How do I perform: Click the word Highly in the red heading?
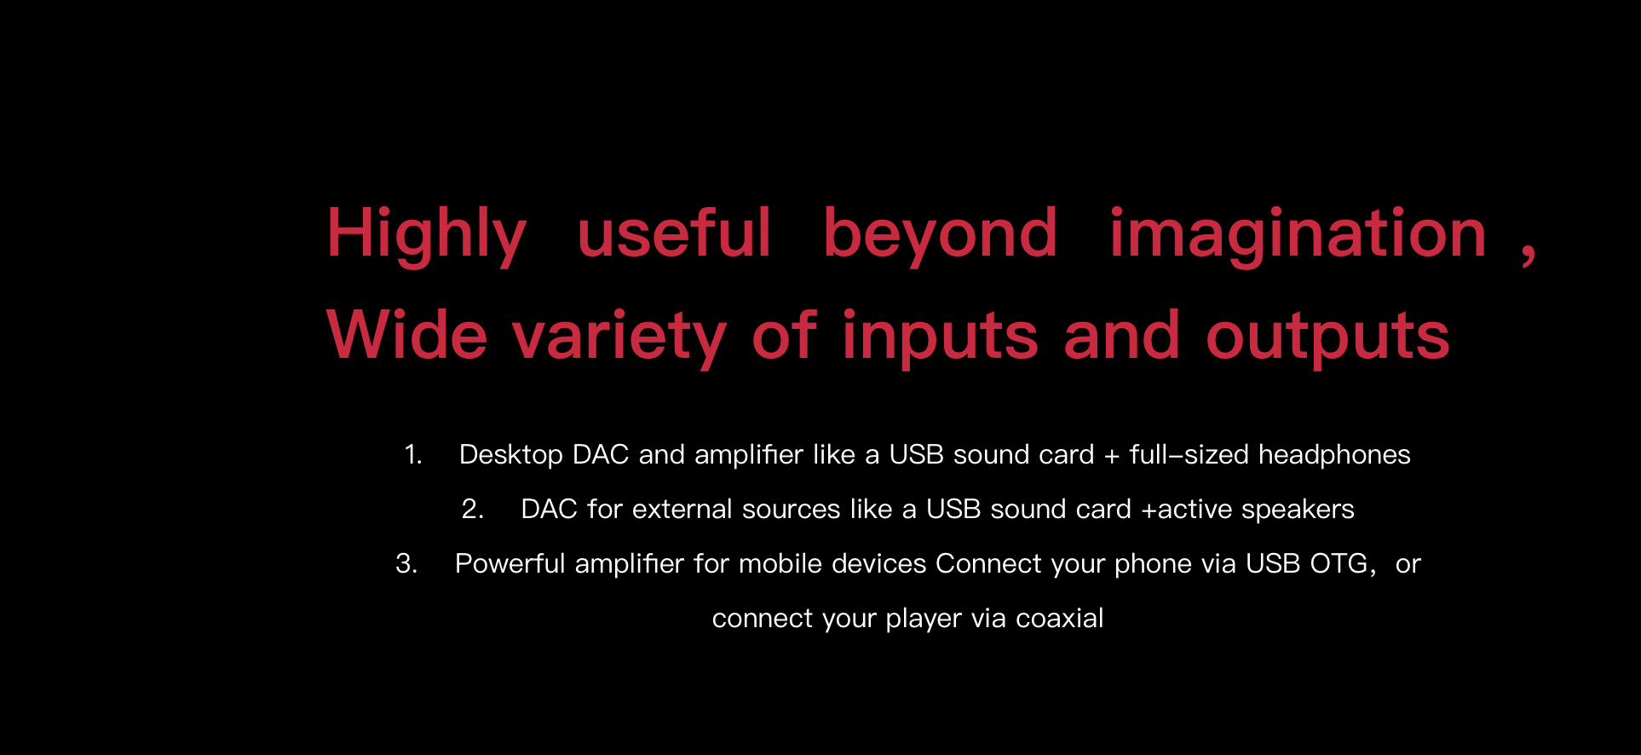(x=427, y=235)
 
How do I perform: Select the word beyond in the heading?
(x=940, y=235)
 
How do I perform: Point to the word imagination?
(x=1298, y=235)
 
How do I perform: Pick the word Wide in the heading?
(x=406, y=334)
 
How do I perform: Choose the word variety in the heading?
(x=619, y=337)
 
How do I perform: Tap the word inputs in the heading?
(x=940, y=337)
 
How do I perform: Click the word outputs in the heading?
(x=1327, y=337)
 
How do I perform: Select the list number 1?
(x=413, y=454)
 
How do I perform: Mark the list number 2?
(x=473, y=509)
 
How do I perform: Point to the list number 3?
(x=406, y=563)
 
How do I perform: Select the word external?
(x=682, y=509)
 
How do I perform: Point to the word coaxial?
(x=1060, y=618)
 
